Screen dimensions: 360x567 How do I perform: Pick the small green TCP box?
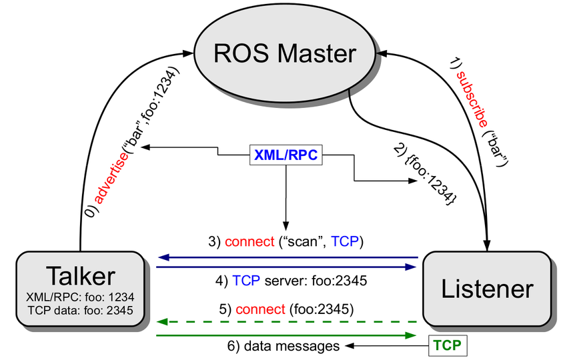pyautogui.click(x=448, y=345)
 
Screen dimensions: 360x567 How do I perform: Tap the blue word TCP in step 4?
pyautogui.click(x=244, y=280)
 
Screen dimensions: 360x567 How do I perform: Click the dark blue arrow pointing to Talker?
pyautogui.click(x=287, y=257)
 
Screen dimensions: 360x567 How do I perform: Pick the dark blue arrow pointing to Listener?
pyautogui.click(x=287, y=267)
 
